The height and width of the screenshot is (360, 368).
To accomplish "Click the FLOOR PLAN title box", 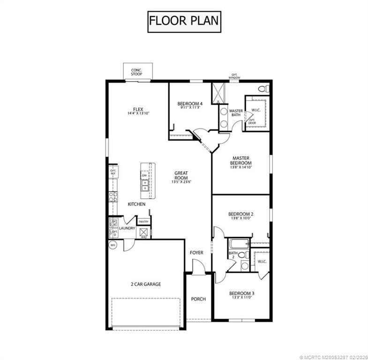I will coord(184,22).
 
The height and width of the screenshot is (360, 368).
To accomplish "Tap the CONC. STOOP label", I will coord(136,72).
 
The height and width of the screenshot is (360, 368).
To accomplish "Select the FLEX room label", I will coord(137,112).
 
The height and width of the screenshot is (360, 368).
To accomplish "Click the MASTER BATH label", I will coord(236,113).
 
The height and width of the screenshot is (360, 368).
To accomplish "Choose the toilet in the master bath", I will coord(264,89).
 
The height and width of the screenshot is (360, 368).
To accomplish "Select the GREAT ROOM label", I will coord(181,175).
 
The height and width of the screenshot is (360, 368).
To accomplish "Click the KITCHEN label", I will coord(136,204).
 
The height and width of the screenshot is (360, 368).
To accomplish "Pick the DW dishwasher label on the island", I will coord(144,175).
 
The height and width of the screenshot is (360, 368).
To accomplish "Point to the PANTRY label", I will coord(143,221).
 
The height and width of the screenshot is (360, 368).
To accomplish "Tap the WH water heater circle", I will coord(113,245).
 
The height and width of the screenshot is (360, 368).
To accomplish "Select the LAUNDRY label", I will coord(127,228).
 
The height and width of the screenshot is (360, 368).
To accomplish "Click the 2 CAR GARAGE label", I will coord(146,284).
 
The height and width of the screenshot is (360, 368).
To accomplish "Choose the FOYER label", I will coord(196,253).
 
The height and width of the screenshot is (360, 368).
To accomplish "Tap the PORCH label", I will coord(198,299).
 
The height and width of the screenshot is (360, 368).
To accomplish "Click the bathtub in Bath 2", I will coord(239,244).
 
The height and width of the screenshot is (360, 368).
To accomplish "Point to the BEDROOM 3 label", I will coord(241,295).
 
